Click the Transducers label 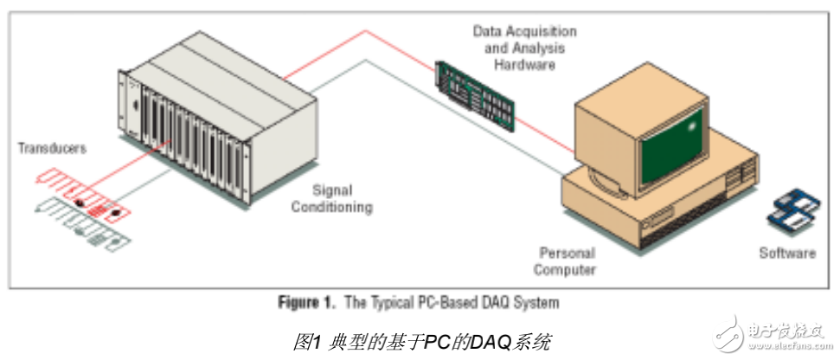pos(53,148)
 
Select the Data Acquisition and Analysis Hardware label pos(524,47)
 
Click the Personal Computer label pos(567,260)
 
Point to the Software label pos(786,254)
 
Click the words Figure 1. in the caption pos(306,303)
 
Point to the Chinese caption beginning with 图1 pos(421,341)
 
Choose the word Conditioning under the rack pos(331,208)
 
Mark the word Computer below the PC pos(567,269)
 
